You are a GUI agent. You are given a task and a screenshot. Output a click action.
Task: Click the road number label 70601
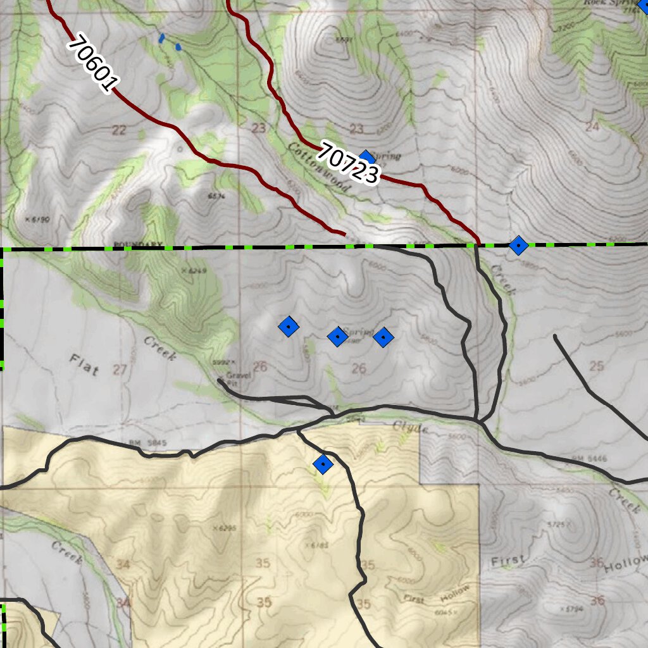pyautogui.click(x=93, y=64)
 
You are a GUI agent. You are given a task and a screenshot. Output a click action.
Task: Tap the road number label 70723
pyautogui.click(x=349, y=163)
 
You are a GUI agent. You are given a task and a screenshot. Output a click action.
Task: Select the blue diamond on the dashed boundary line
pyautogui.click(x=518, y=245)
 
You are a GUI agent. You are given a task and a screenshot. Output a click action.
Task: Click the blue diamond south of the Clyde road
pyautogui.click(x=323, y=464)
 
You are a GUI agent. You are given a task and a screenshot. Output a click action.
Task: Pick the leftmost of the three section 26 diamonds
pyautogui.click(x=289, y=327)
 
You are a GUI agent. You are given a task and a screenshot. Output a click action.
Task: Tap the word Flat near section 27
pyautogui.click(x=84, y=365)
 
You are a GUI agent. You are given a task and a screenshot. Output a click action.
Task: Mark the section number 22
pyautogui.click(x=118, y=130)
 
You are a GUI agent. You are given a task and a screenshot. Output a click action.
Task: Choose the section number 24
pyautogui.click(x=592, y=126)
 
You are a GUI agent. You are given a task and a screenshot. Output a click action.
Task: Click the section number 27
pyautogui.click(x=119, y=370)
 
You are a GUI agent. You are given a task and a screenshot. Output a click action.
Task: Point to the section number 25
pyautogui.click(x=596, y=365)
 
